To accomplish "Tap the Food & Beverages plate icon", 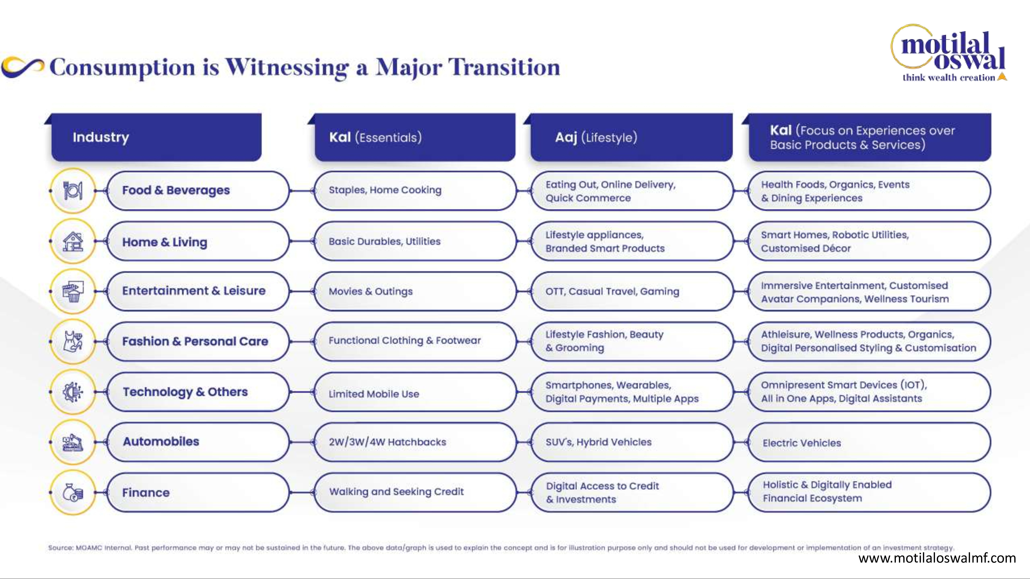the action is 73,191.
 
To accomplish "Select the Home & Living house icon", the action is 73,241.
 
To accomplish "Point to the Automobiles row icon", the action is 73,442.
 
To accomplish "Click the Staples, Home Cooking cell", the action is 415,191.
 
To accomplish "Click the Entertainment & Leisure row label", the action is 194,291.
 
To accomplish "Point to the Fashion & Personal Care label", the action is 195,341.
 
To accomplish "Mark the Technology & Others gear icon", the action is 73,392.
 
